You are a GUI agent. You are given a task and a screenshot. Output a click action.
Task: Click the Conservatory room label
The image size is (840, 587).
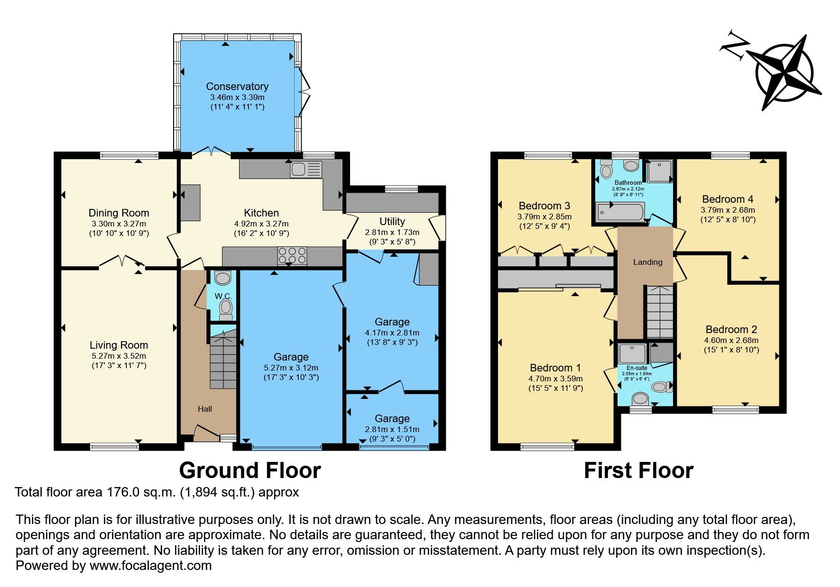pyautogui.click(x=237, y=86)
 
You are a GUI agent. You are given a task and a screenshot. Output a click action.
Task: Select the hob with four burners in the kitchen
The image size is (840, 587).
pyautogui.click(x=292, y=256)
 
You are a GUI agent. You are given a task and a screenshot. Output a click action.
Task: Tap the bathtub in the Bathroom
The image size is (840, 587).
pyautogui.click(x=620, y=212)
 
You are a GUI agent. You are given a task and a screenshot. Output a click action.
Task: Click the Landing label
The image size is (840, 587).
pyautogui.click(x=647, y=262)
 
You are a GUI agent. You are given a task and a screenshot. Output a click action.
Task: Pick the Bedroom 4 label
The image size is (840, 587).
pyautogui.click(x=728, y=199)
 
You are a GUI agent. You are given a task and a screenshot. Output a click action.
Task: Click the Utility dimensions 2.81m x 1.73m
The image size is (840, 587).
pyautogui.click(x=392, y=232)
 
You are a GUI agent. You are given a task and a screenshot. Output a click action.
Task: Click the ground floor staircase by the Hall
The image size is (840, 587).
pyautogui.click(x=223, y=360)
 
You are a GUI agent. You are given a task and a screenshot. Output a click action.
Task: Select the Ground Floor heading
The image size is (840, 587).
pyautogui.click(x=250, y=470)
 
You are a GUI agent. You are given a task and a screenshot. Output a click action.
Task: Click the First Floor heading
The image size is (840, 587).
pyautogui.click(x=638, y=470)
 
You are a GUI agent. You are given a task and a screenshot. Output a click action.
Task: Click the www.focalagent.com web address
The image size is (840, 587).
pyautogui.click(x=150, y=566)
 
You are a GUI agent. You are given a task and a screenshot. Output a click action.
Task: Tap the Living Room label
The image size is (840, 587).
pyautogui.click(x=119, y=345)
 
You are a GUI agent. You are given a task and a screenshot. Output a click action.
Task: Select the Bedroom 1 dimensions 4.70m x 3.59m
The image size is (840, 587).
pyautogui.click(x=555, y=379)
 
